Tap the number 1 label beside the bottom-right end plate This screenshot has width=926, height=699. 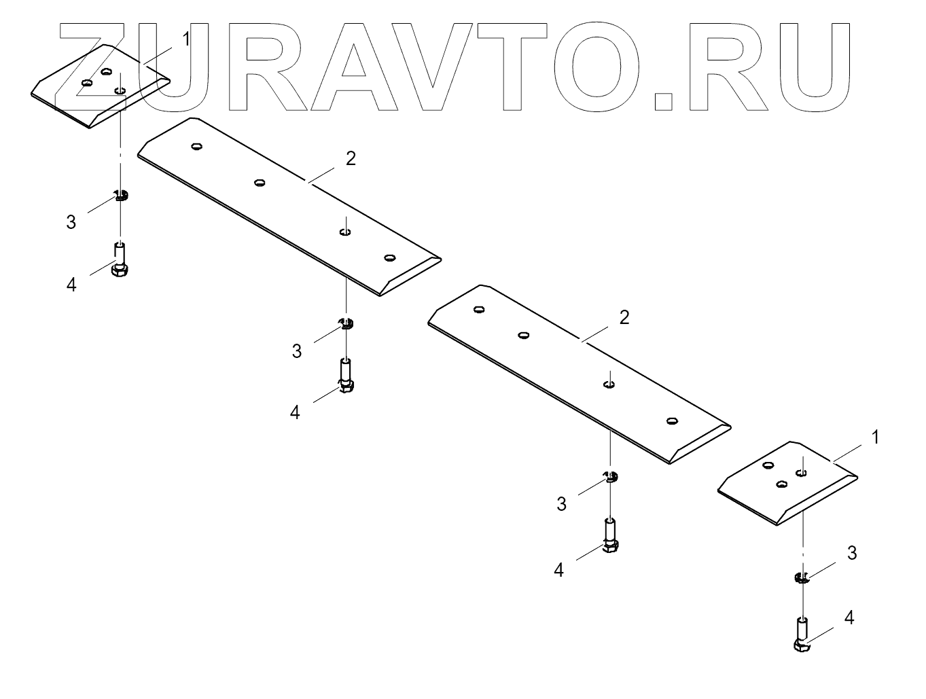(x=875, y=437)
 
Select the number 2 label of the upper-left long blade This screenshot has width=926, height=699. (x=351, y=159)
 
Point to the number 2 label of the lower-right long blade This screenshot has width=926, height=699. (x=624, y=317)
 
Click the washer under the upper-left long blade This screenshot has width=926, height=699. (x=346, y=322)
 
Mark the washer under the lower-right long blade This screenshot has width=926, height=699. (x=611, y=476)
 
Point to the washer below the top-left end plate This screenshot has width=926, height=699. (x=121, y=196)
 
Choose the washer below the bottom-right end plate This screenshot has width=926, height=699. (x=802, y=578)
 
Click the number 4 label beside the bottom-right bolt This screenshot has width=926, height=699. (x=849, y=617)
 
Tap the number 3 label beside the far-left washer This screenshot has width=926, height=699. (x=71, y=222)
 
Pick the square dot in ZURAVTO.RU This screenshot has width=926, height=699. (x=662, y=101)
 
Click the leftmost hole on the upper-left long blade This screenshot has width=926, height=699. (x=197, y=146)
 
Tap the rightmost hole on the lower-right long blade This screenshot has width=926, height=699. (x=672, y=420)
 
